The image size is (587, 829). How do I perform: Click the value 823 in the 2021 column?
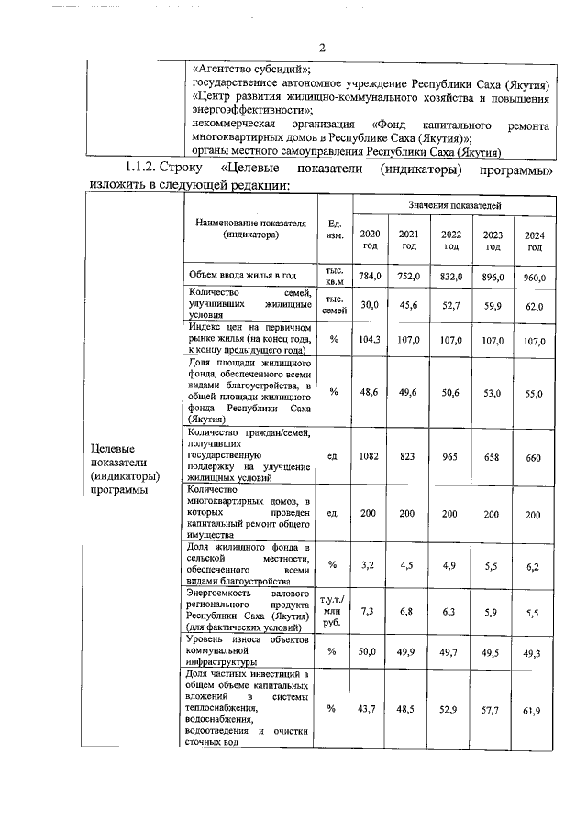(x=409, y=454)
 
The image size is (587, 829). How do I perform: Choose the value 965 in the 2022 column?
(x=450, y=454)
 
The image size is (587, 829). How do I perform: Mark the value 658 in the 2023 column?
(x=493, y=455)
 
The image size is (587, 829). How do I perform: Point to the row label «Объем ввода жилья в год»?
(x=242, y=276)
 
